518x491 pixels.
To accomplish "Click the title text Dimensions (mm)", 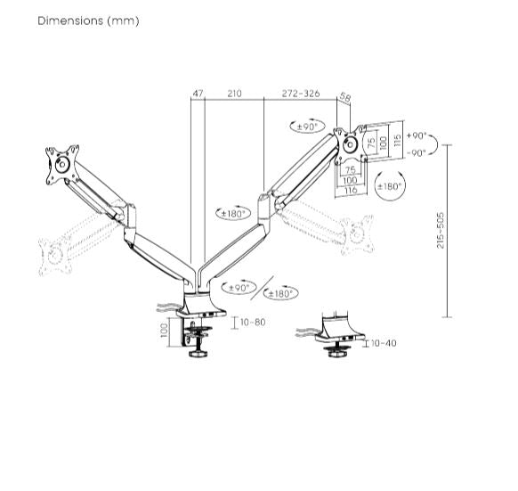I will point(88,20).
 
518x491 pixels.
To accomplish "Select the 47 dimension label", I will point(198,93).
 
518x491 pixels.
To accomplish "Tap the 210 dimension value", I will point(234,93).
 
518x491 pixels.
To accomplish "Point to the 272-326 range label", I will point(301,93).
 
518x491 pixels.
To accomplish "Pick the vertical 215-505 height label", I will point(441,230).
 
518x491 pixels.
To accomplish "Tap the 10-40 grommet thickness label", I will point(383,342).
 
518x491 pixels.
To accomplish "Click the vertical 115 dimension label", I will point(398,142).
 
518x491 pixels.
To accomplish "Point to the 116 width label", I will point(350,190).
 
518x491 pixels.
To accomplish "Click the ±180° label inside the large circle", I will point(389,186).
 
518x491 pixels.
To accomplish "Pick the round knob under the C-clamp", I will point(196,354).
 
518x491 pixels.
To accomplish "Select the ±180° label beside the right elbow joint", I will point(234,213).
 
